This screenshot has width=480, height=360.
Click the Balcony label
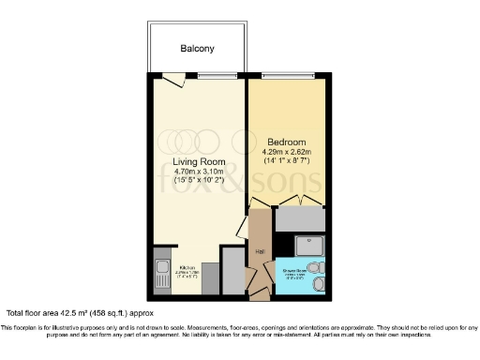[x=197, y=48]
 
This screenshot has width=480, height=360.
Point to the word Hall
[x=259, y=251]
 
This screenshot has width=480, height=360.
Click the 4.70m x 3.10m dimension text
[x=200, y=172]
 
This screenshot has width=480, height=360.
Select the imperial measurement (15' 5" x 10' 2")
[x=200, y=183]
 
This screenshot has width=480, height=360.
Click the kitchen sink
[x=158, y=274]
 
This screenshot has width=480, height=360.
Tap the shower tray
[x=308, y=246]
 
